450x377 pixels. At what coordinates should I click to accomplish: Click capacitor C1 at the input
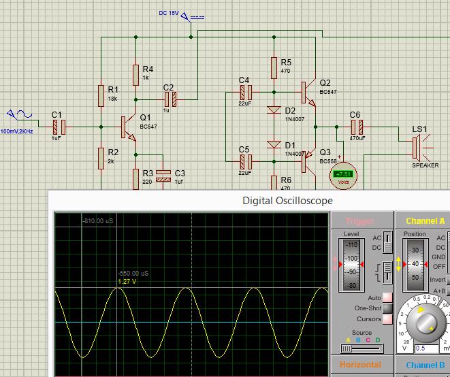pos(59,126)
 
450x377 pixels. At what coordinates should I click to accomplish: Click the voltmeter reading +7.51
pos(343,175)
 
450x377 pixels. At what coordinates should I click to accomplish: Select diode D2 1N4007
pos(273,110)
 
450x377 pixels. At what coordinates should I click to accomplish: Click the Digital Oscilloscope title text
pos(288,201)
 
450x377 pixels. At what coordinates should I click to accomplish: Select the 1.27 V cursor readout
pos(127,281)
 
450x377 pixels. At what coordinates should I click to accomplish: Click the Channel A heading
pos(425,220)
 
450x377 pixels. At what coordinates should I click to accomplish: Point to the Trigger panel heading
pos(360,221)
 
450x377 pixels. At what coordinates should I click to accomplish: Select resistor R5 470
pos(273,66)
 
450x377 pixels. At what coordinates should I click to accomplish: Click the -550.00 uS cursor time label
pos(133,273)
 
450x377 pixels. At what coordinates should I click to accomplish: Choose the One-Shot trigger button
pos(387,308)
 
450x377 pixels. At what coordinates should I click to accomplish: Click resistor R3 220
pos(136,178)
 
